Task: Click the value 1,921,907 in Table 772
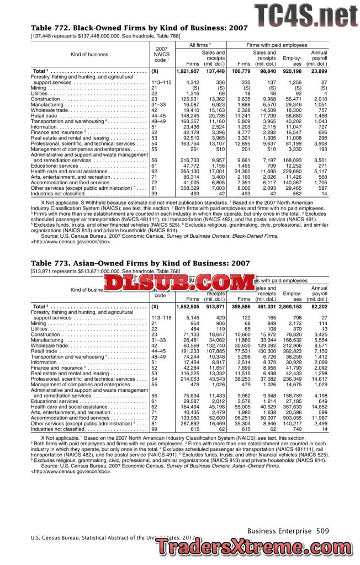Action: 187,72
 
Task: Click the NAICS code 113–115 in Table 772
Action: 161,82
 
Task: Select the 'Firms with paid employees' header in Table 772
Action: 278,44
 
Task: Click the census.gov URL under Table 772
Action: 72,242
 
